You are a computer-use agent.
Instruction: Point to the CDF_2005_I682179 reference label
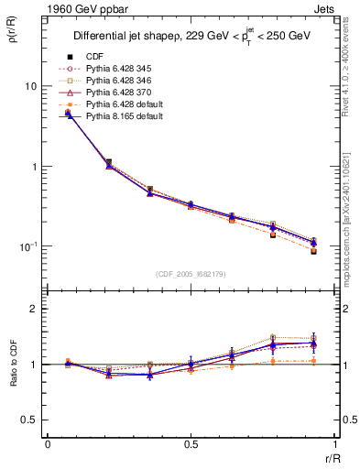click(191, 274)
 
